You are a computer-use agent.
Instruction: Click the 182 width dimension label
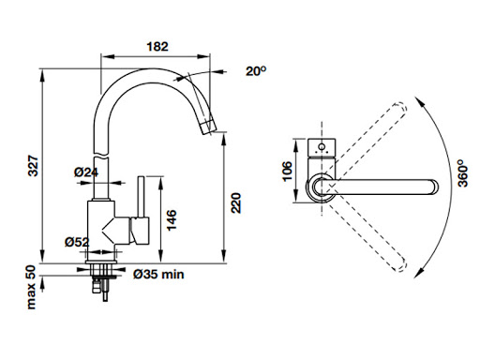click(157, 47)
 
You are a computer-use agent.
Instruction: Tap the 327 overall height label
click(33, 165)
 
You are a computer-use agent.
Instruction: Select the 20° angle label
click(256, 71)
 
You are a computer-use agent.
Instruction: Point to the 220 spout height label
click(236, 202)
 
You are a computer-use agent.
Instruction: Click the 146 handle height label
click(172, 220)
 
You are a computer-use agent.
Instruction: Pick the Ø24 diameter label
click(86, 172)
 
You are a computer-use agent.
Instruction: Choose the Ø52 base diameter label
click(77, 242)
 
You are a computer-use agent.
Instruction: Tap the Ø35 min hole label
click(158, 274)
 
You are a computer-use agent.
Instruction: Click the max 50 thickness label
click(31, 287)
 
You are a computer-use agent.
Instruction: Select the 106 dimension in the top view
click(287, 171)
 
